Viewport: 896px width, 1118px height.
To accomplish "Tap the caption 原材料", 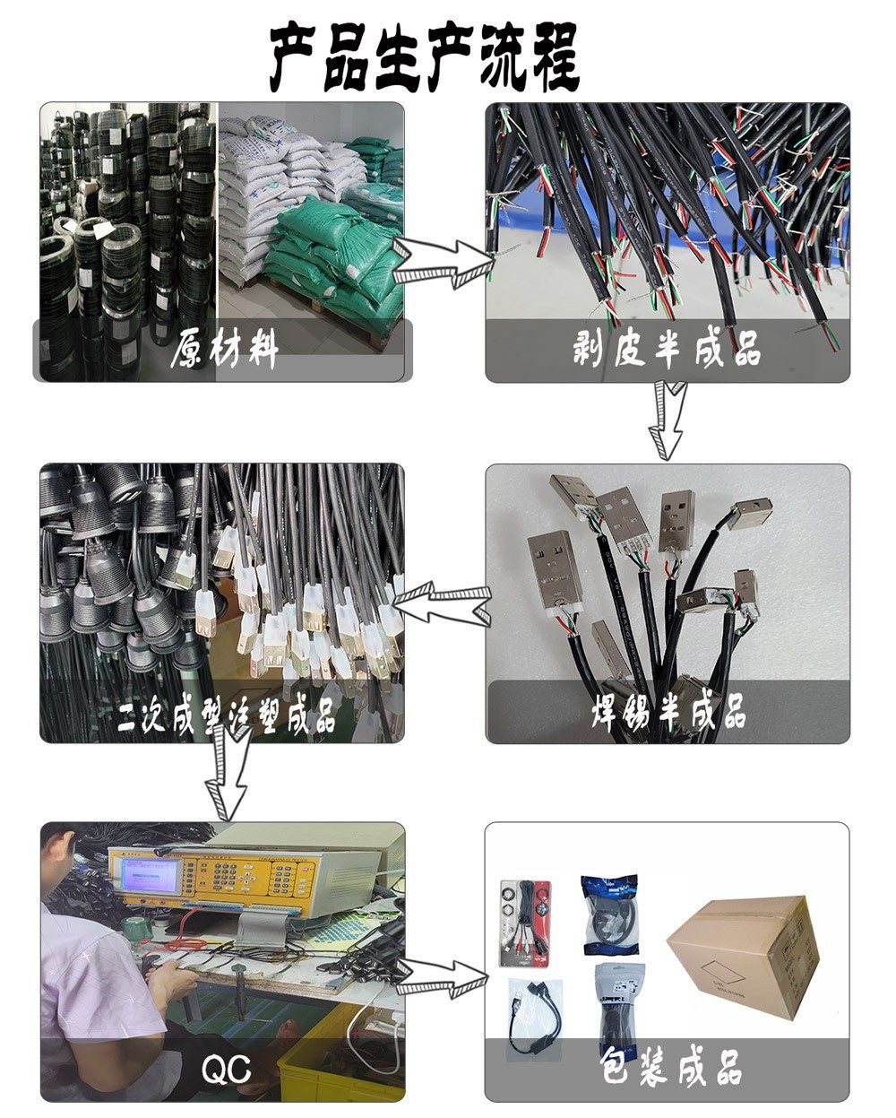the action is click(x=224, y=350).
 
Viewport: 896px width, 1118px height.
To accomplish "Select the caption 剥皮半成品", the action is click(x=668, y=350).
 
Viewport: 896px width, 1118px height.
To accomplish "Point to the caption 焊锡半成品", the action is click(x=668, y=713).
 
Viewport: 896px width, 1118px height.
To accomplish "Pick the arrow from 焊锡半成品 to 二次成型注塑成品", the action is click(x=444, y=603).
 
